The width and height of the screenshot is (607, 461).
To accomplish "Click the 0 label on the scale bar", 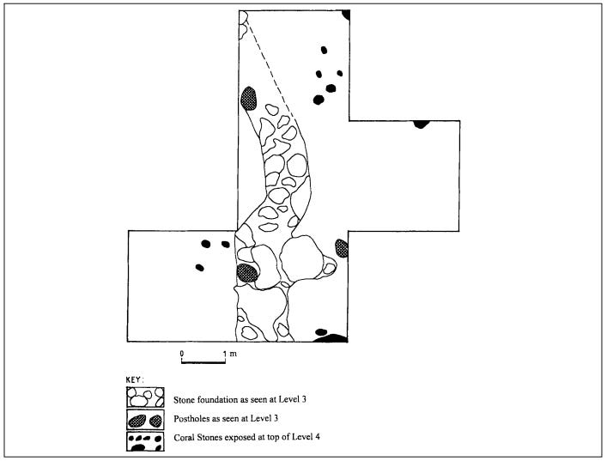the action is [x=182, y=352].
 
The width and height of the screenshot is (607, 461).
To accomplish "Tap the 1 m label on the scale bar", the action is [x=228, y=352].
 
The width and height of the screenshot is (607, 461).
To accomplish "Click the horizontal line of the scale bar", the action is [x=203, y=361].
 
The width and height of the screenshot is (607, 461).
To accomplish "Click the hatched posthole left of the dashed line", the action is [x=250, y=96].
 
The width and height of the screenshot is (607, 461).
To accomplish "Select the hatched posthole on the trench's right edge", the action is [x=342, y=248].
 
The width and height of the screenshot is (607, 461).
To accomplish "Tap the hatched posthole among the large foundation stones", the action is [x=247, y=273].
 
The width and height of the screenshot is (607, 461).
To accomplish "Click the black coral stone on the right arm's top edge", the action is [x=421, y=124].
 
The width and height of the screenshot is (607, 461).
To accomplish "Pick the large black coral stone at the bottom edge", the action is [x=330, y=337].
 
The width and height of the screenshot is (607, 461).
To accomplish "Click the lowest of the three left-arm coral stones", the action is [x=200, y=267].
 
